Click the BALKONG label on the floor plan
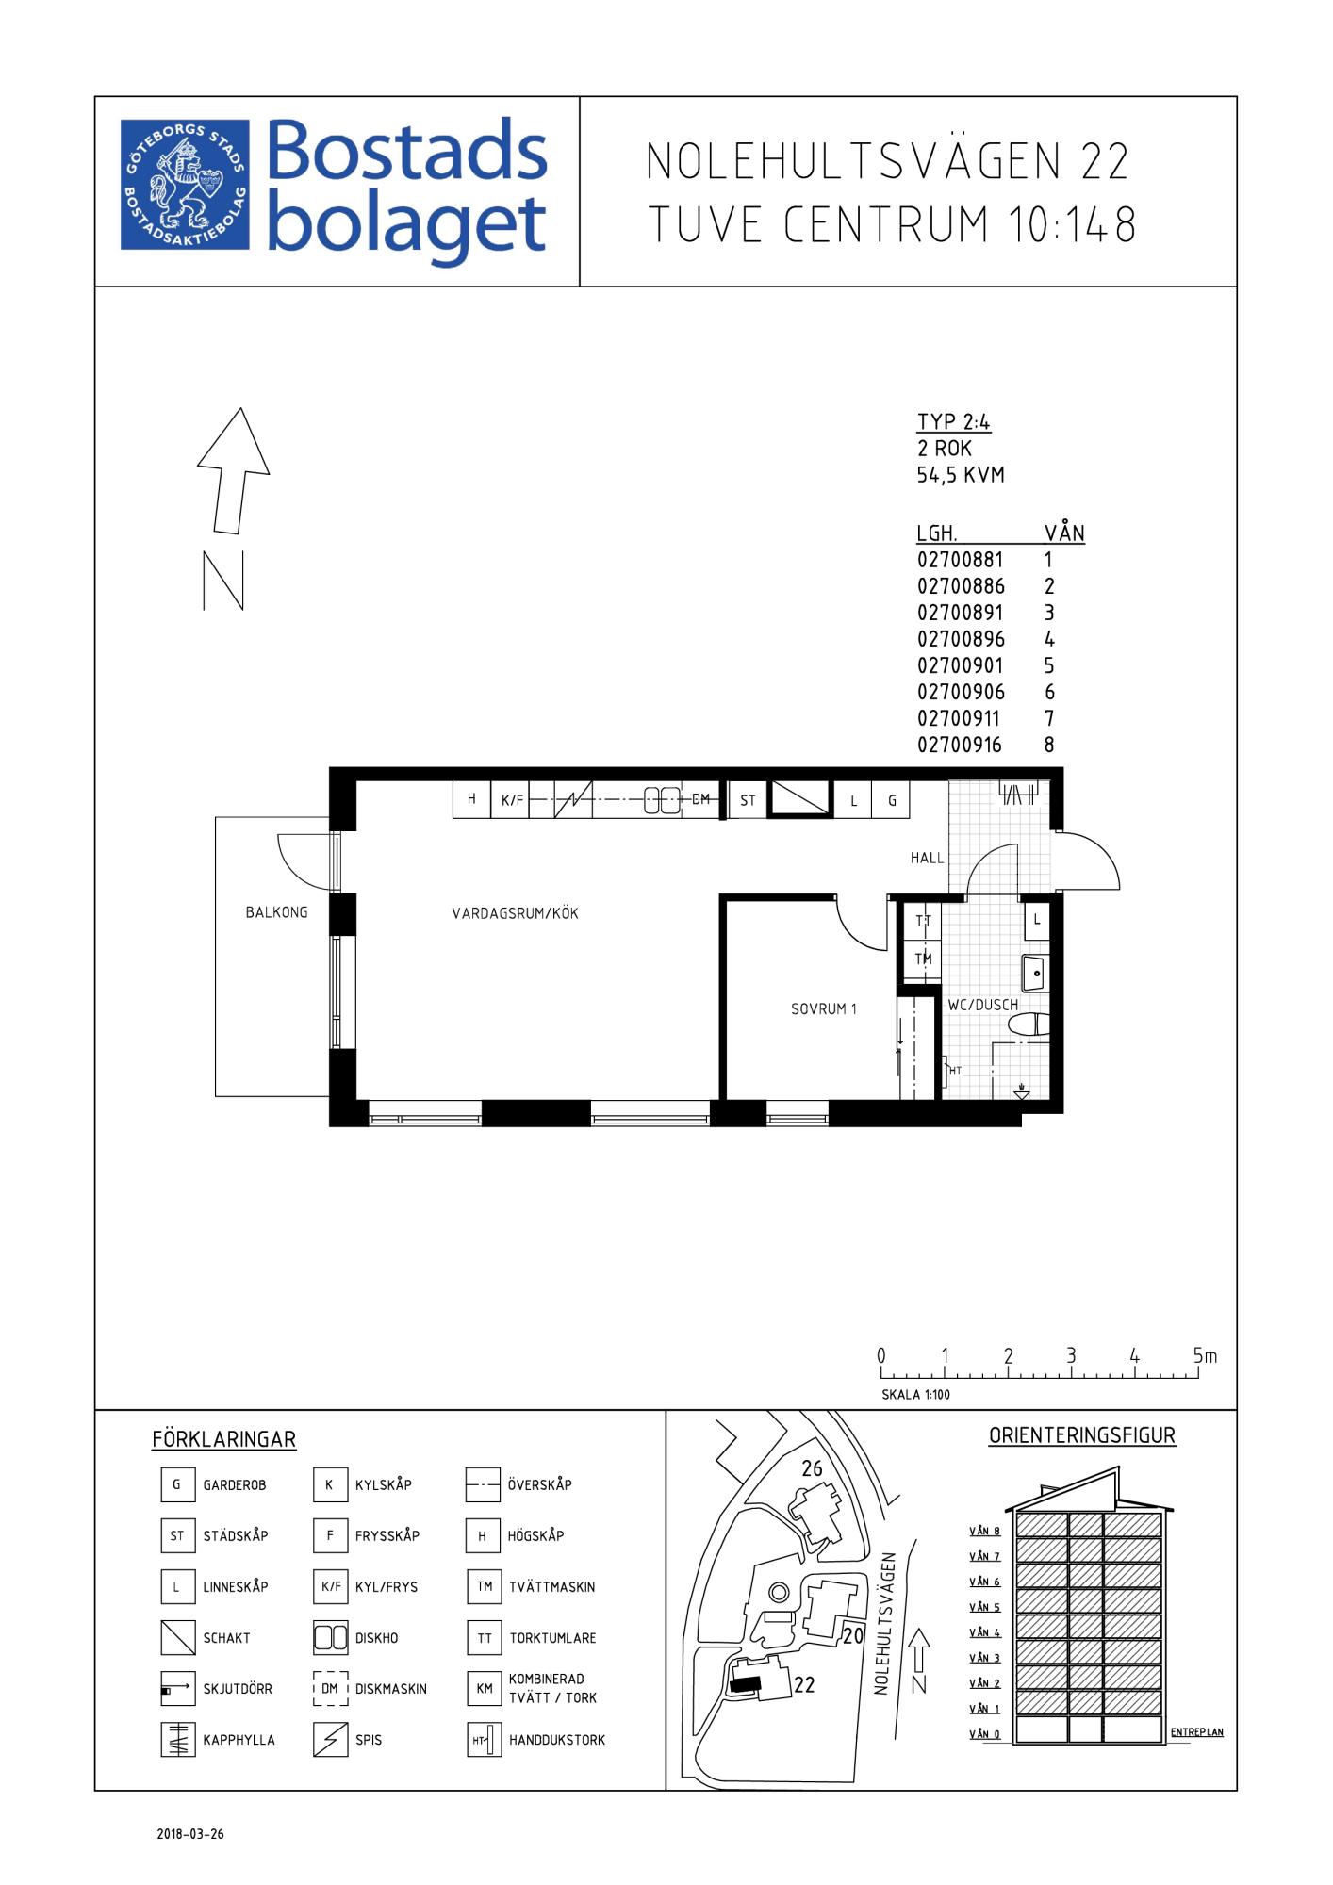[276, 912]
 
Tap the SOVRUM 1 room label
[823, 1008]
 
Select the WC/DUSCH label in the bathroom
[983, 1005]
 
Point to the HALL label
[927, 858]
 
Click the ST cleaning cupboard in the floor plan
[748, 800]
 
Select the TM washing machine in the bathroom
[923, 959]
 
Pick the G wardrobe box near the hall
[892, 800]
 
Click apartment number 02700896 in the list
[961, 638]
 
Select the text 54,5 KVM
[961, 475]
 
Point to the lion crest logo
[185, 185]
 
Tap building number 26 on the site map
[812, 1468]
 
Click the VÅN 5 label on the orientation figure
[985, 1607]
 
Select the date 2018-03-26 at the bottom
[190, 1834]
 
